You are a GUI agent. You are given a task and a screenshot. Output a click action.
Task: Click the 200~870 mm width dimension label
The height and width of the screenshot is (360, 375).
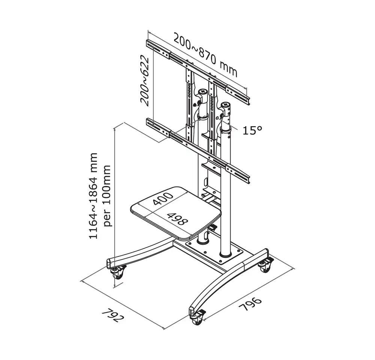click(205, 54)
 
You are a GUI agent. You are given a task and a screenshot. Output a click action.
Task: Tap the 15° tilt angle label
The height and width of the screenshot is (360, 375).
click(252, 130)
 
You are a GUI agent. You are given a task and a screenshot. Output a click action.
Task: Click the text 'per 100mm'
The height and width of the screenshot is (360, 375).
click(108, 196)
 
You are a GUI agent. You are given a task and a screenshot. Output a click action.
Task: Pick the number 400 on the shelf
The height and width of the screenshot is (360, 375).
click(163, 199)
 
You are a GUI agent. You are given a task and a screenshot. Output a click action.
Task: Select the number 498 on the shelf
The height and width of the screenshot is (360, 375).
click(177, 219)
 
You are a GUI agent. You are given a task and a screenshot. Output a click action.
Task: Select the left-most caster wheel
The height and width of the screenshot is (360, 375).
click(118, 274)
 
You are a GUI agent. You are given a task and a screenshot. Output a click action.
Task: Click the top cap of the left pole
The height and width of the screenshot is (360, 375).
click(203, 92)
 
